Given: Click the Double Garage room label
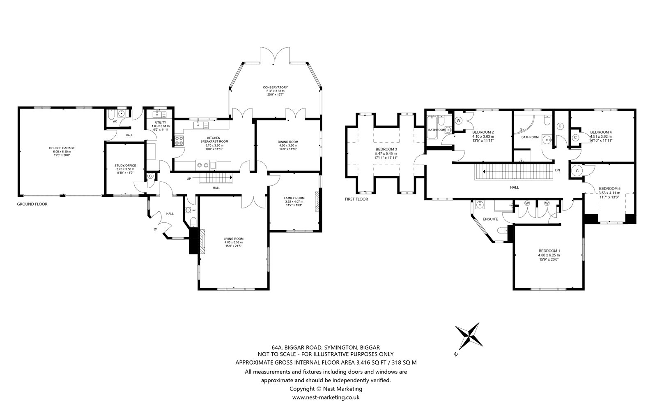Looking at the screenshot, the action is pos(62,148).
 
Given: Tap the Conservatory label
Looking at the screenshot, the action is pos(275,87).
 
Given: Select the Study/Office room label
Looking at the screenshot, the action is pos(125,166).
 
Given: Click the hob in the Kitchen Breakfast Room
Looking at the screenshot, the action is pos(179,141).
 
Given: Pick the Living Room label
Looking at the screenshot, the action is pos(234,239).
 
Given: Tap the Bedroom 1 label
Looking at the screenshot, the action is pos(549,251).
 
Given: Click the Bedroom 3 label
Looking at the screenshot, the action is pos(386,149).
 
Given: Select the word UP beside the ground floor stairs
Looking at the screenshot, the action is pos(188,178).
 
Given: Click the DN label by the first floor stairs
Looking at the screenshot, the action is pos(558,170).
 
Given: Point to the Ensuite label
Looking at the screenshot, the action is pos(490,219).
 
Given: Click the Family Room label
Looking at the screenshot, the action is pos(294,198).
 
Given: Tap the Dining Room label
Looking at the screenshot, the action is pos(288,142).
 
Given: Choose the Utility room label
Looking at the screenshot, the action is pos(161,122).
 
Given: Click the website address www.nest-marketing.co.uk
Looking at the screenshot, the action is pos(326,397).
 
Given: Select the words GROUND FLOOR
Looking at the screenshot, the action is pos(32,204).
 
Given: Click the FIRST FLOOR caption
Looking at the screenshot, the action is pos(356,199).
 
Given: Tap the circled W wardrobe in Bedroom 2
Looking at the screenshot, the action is pos(458,121).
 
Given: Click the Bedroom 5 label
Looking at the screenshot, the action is pos(609,189).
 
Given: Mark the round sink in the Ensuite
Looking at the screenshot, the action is pos(480,205).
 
